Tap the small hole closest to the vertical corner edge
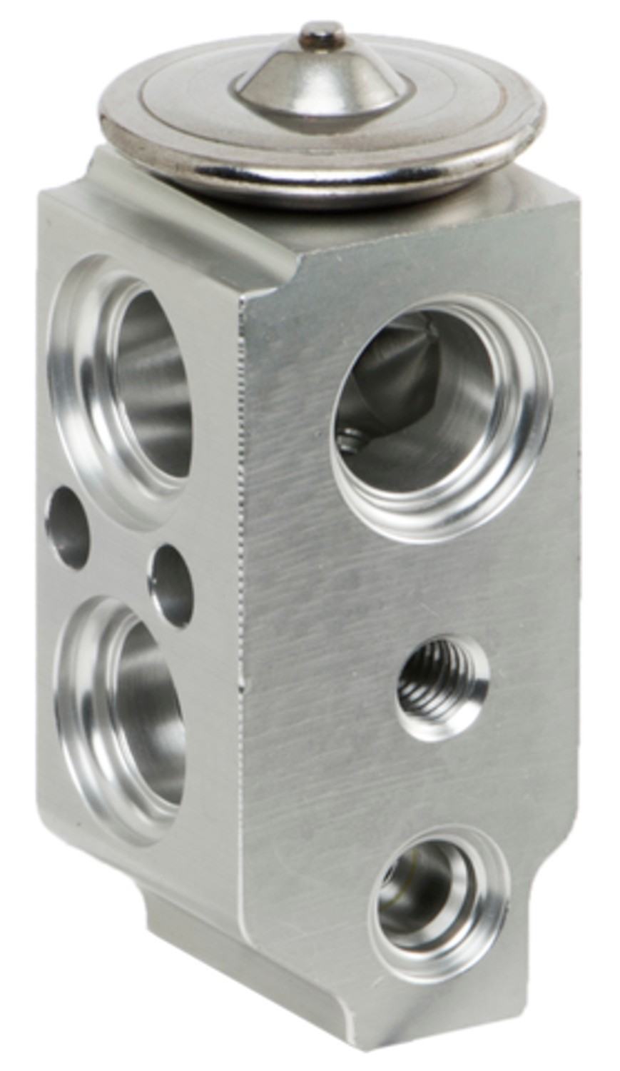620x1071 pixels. coord(171,585)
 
